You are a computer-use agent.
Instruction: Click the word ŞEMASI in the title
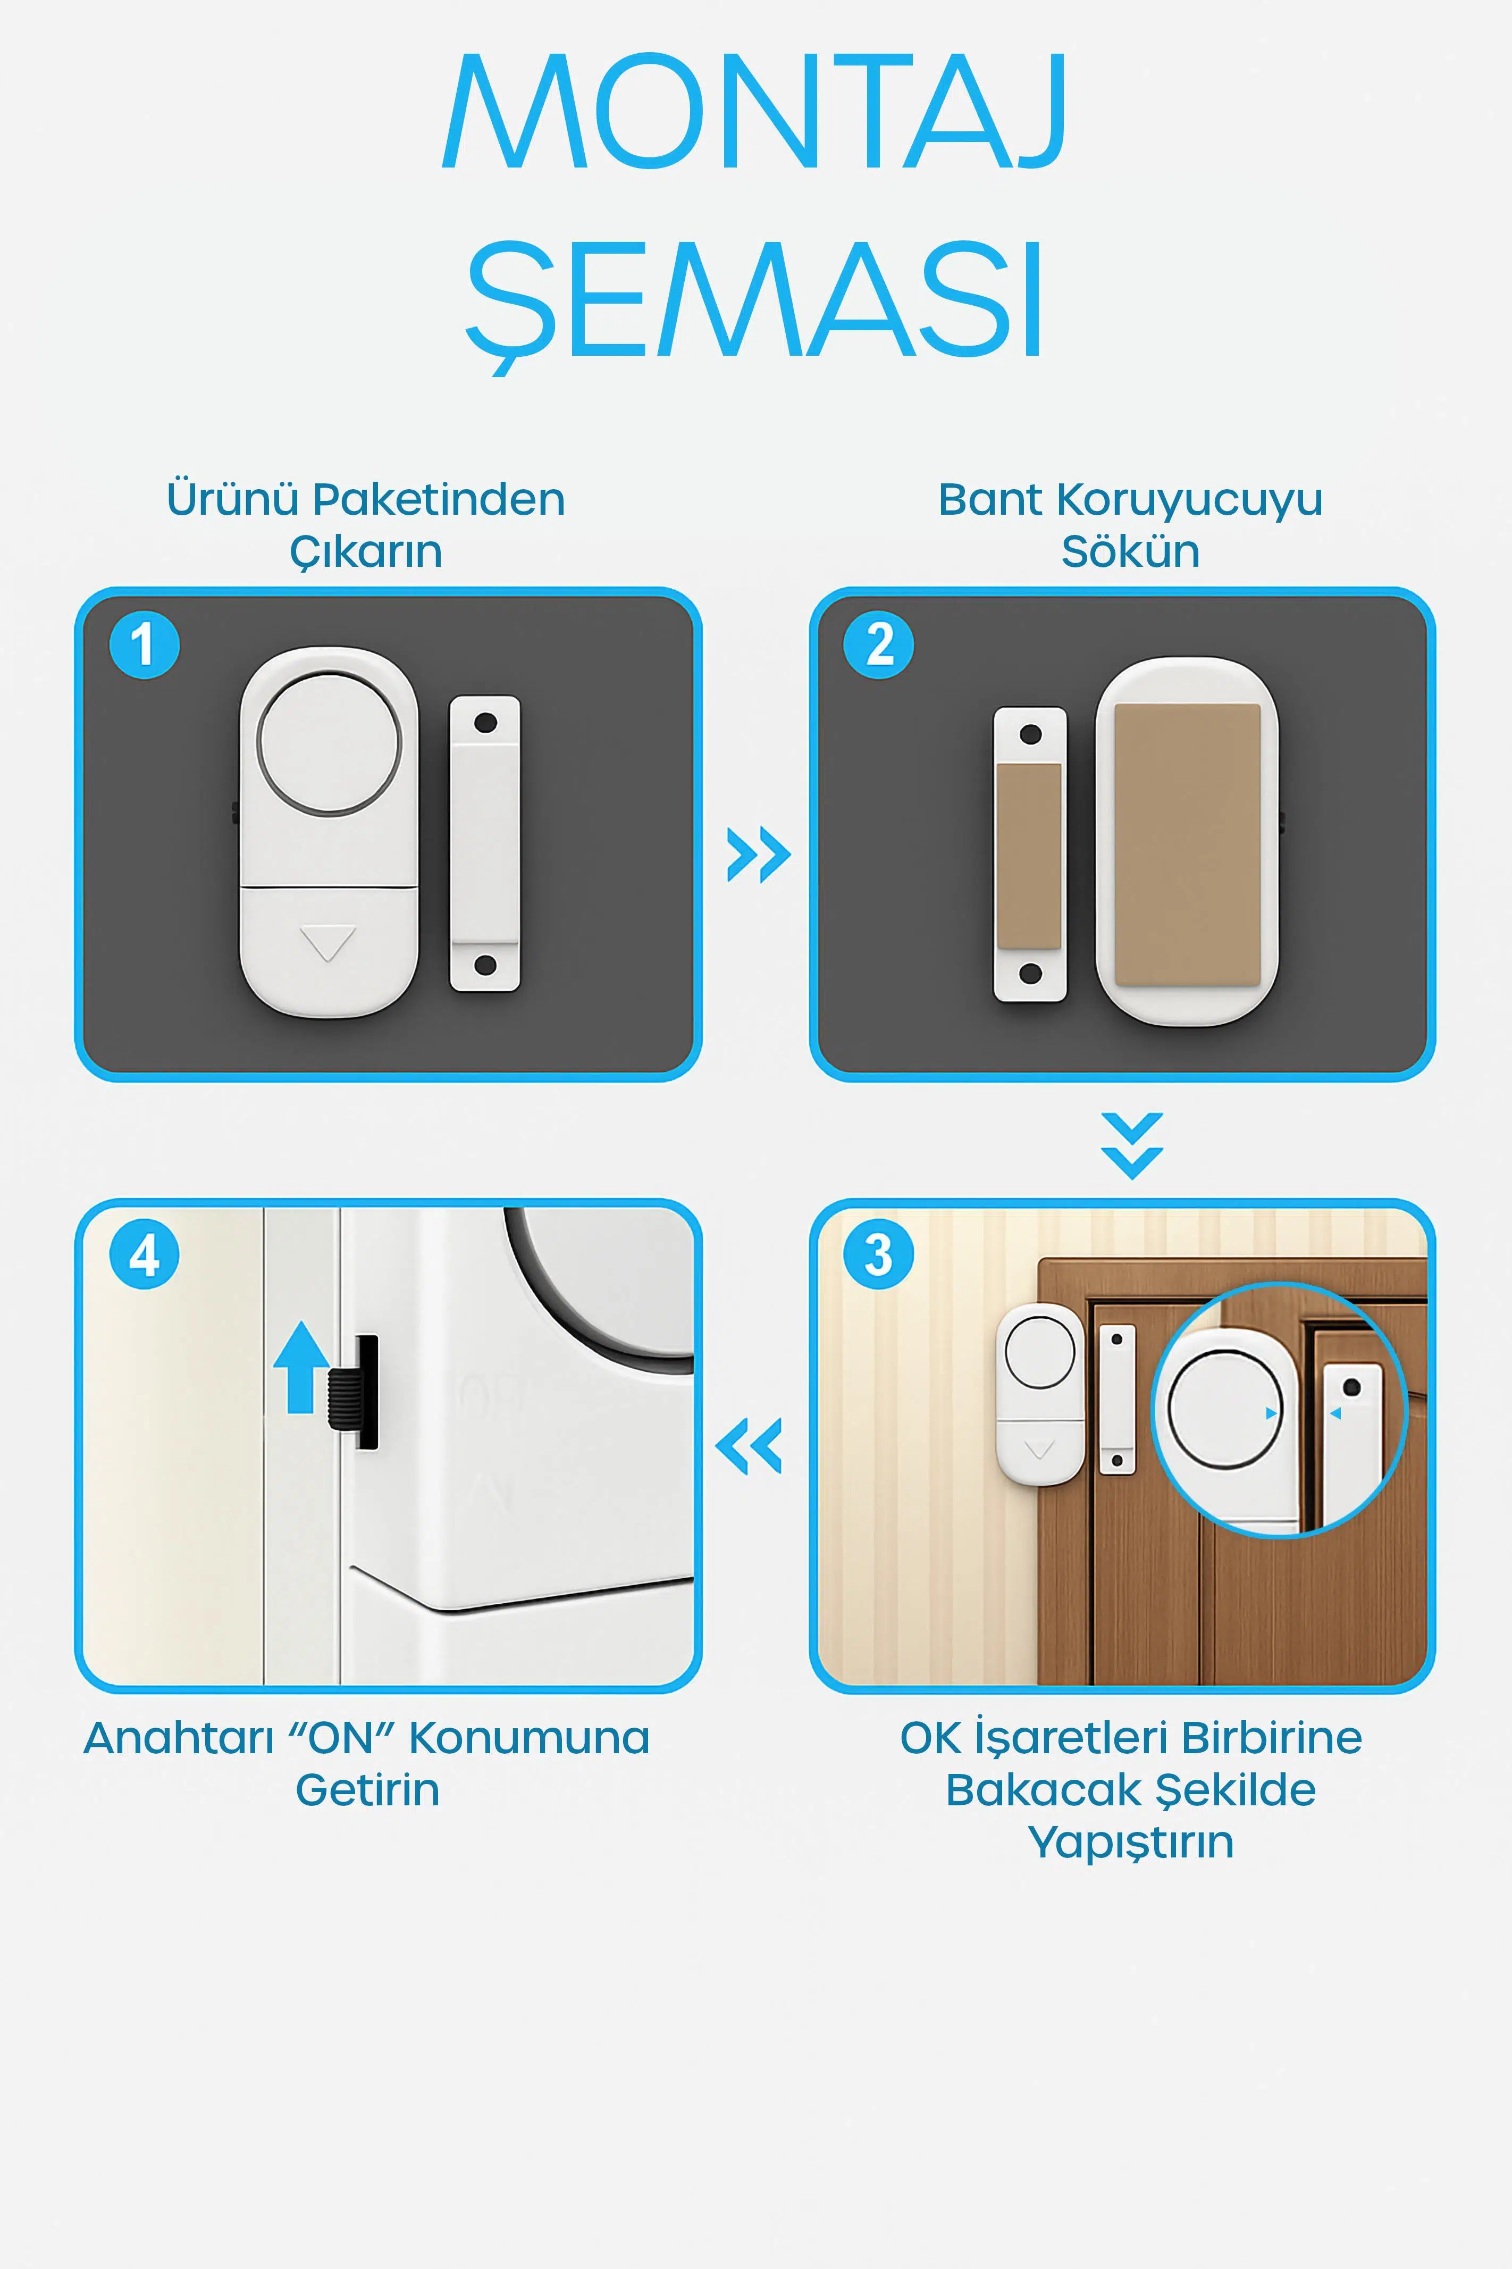point(755,302)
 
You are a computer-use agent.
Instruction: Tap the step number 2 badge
point(878,644)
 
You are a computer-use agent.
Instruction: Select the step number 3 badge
point(878,1254)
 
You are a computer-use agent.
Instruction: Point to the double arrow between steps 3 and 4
point(748,1445)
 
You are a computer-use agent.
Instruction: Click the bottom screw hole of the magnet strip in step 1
point(485,964)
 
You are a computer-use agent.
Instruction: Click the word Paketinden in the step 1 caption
point(439,499)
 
